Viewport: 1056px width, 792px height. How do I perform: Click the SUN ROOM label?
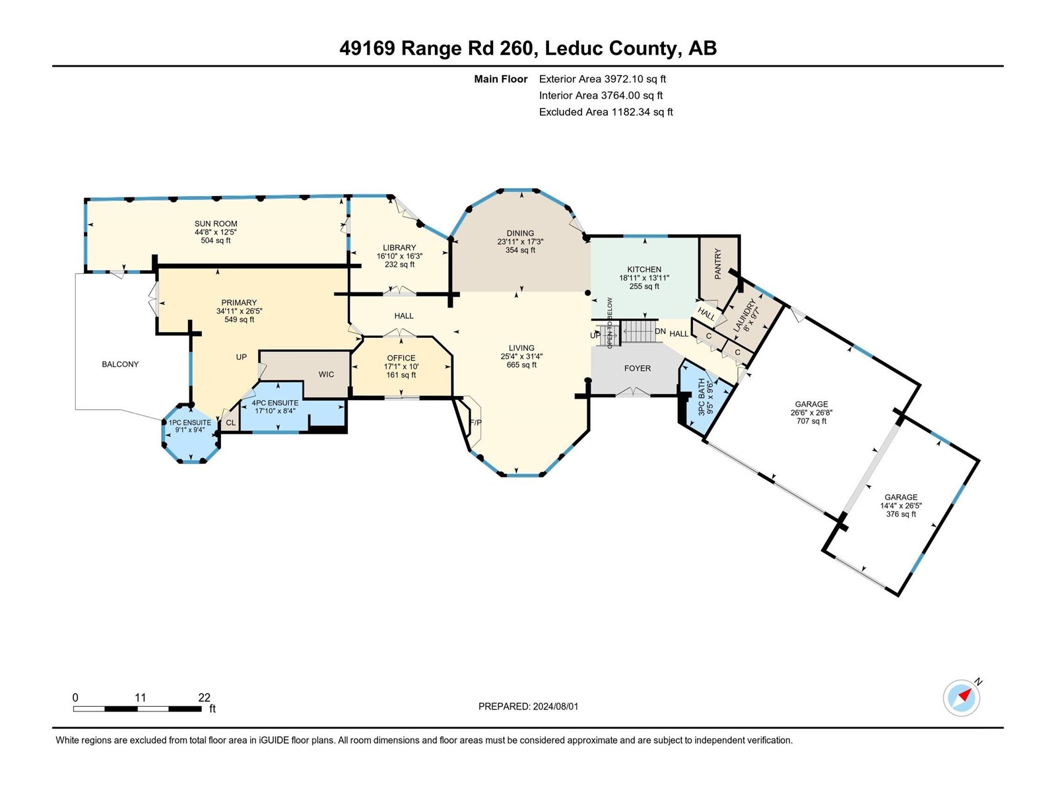pos(216,224)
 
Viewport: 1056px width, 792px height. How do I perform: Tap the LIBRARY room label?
pos(399,247)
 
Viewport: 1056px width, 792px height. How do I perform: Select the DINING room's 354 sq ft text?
pos(520,250)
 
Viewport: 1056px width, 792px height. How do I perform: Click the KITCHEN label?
pos(644,269)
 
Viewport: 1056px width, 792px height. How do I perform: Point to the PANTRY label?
pos(718,263)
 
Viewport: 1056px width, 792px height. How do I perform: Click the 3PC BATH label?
pos(705,396)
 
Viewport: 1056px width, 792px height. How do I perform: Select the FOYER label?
pos(638,368)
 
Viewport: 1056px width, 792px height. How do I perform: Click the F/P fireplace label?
pos(474,422)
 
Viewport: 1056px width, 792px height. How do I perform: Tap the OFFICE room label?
pos(401,358)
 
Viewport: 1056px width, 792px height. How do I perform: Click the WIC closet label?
pos(326,374)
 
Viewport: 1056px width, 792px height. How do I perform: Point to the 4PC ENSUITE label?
pos(275,403)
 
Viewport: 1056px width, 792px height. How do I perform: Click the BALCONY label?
pos(120,364)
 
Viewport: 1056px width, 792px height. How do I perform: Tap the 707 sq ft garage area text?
pos(811,421)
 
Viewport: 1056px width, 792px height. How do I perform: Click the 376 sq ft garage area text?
pos(901,514)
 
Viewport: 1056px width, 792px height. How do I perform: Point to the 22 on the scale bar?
pos(204,698)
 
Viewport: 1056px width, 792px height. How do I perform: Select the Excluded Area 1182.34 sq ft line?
pos(606,112)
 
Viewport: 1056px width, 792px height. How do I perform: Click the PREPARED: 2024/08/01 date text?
pos(528,706)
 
